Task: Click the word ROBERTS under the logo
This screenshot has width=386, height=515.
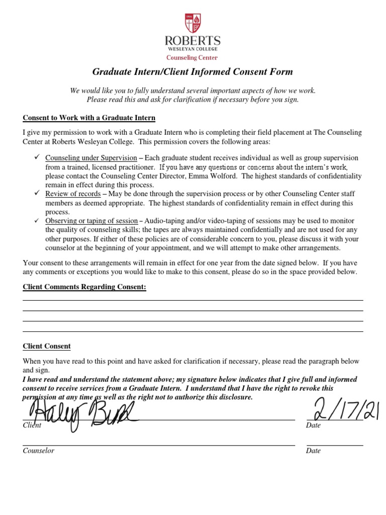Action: pyautogui.click(x=193, y=41)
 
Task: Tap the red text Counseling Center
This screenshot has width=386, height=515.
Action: pyautogui.click(x=193, y=58)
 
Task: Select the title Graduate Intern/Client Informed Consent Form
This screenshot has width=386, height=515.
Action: pyautogui.click(x=192, y=72)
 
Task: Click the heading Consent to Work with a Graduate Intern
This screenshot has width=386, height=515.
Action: pyautogui.click(x=89, y=118)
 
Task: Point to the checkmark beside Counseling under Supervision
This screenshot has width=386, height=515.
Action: pyautogui.click(x=37, y=157)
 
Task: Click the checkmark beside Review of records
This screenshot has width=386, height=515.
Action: pyautogui.click(x=37, y=194)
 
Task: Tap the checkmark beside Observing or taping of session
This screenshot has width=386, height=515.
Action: pyautogui.click(x=37, y=221)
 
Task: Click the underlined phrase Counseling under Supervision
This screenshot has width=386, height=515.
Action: pyautogui.click(x=91, y=158)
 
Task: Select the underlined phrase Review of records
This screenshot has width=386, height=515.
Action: pyautogui.click(x=73, y=194)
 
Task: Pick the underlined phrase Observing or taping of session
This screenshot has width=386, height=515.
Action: pyautogui.click(x=91, y=221)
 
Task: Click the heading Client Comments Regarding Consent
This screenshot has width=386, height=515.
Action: pyautogui.click(x=84, y=287)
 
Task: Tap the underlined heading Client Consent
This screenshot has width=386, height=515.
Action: pyautogui.click(x=47, y=347)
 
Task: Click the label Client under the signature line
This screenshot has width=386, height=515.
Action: pyautogui.click(x=32, y=425)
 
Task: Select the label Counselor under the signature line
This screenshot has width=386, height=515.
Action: pyautogui.click(x=38, y=451)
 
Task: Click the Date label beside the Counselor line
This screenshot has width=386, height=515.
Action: pyautogui.click(x=313, y=451)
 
